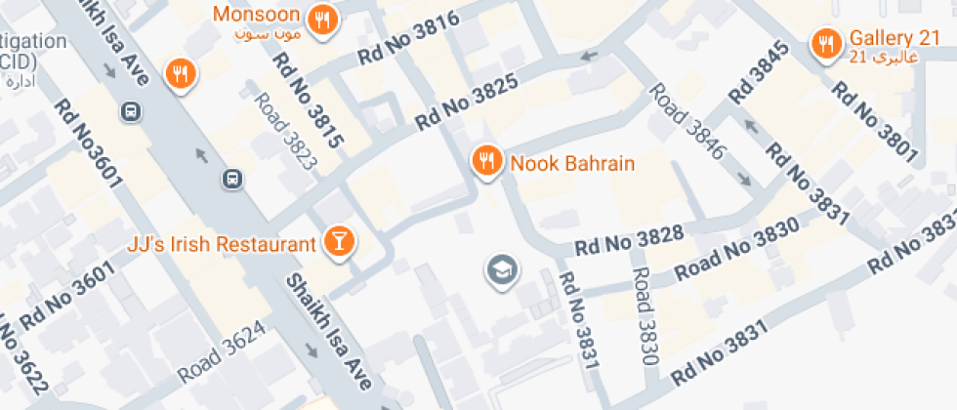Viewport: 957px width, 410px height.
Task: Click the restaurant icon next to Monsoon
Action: pos(321,19)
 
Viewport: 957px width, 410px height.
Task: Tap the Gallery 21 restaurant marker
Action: pos(827,42)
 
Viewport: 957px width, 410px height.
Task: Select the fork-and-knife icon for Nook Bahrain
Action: pos(486,161)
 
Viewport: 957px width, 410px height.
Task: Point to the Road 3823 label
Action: pos(286,132)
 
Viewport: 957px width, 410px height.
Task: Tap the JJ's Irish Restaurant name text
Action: pos(222,243)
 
